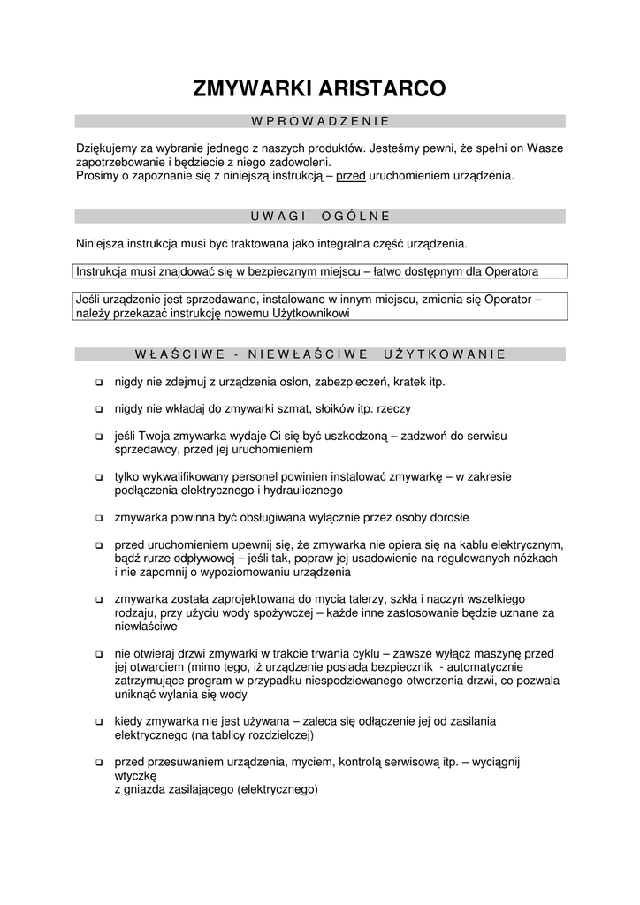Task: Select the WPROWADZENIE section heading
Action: [320, 121]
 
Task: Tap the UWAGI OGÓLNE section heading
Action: [320, 216]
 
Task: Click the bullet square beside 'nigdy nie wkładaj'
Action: [98, 410]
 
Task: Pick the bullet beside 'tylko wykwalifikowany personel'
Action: [98, 477]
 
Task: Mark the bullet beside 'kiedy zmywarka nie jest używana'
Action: [98, 722]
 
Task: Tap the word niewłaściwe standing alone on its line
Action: [147, 626]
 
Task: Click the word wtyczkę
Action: [135, 775]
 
